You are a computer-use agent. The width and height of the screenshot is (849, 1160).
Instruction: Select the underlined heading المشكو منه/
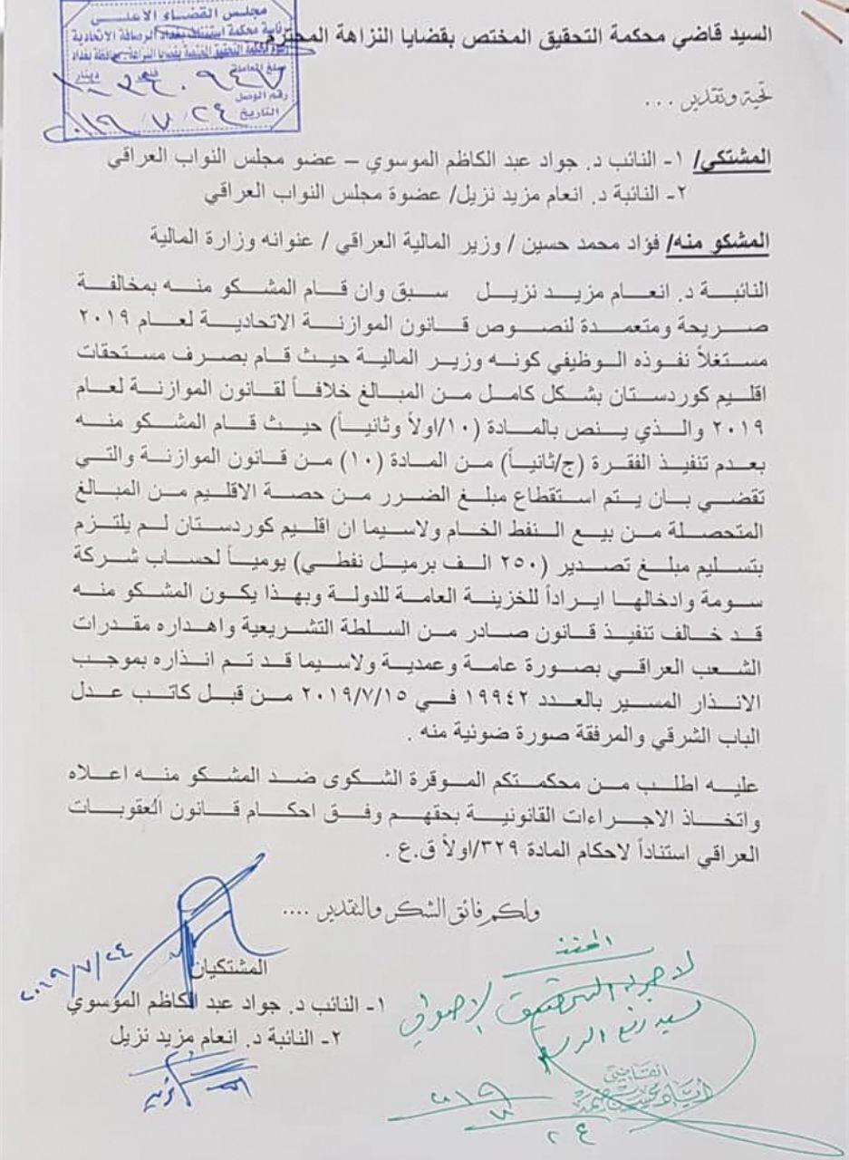click(x=717, y=244)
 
